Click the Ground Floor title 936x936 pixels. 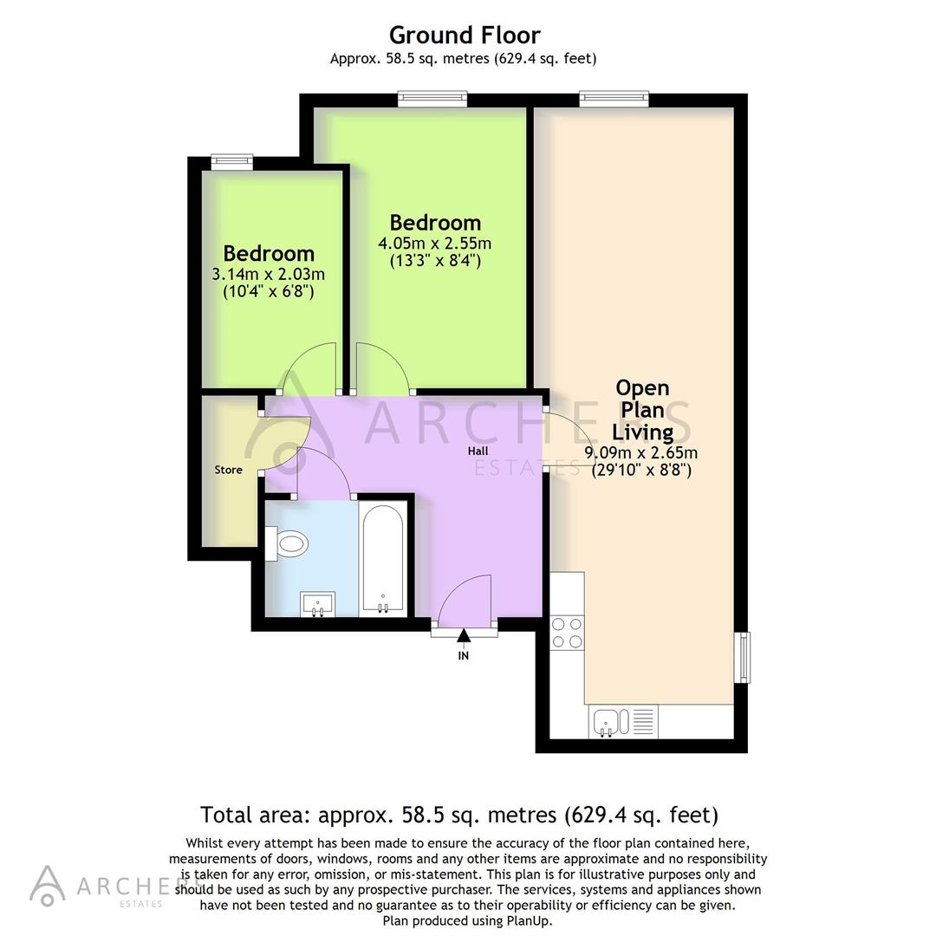pyautogui.click(x=464, y=35)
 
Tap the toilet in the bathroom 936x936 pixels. pyautogui.click(x=290, y=543)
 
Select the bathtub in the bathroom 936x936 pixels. pyautogui.click(x=382, y=559)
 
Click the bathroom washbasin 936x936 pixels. pyautogui.click(x=319, y=603)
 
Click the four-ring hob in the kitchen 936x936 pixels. pyautogui.click(x=567, y=632)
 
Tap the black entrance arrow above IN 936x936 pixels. pyautogui.click(x=464, y=637)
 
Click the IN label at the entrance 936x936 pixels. pyautogui.click(x=464, y=656)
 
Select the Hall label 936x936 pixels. pyautogui.click(x=478, y=451)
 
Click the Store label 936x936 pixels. pyautogui.click(x=228, y=470)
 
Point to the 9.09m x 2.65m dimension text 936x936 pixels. pyautogui.click(x=641, y=452)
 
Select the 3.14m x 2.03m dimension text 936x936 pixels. pyautogui.click(x=268, y=274)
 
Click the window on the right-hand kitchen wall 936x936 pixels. pyautogui.click(x=744, y=657)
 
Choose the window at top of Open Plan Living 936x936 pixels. pyautogui.click(x=614, y=99)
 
